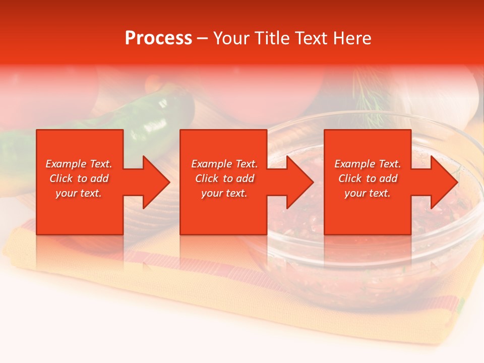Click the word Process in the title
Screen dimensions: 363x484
(x=158, y=38)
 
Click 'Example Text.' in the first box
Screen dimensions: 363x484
(x=79, y=164)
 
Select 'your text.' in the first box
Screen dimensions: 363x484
(x=79, y=193)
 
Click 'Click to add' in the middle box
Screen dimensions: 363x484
(x=224, y=178)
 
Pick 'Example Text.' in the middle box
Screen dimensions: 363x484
(x=224, y=164)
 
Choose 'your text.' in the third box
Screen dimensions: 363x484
(x=368, y=193)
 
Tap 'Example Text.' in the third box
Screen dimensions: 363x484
(x=368, y=164)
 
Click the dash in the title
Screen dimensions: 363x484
(x=202, y=38)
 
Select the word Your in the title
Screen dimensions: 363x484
(x=232, y=38)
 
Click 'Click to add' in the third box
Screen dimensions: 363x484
(x=368, y=178)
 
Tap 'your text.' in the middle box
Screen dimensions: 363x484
(x=224, y=193)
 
